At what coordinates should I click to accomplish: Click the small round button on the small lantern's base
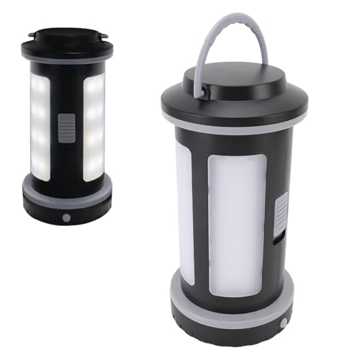66,216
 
